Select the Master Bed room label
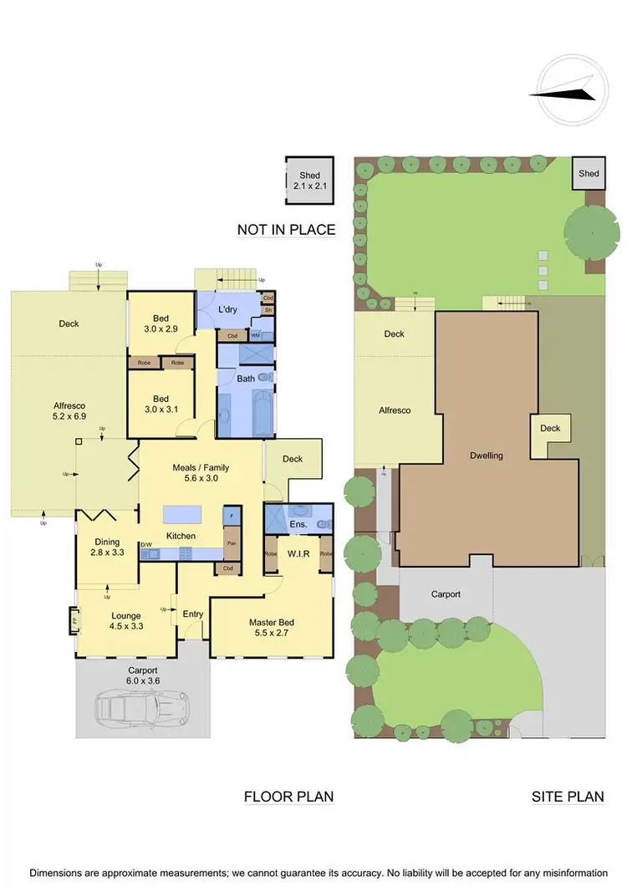tap(272, 628)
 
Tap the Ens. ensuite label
tap(298, 524)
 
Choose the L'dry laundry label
tap(229, 310)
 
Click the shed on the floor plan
tap(309, 181)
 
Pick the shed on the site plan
tap(589, 174)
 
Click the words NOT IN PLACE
tap(286, 230)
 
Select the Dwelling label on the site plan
tap(486, 456)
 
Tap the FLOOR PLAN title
tap(288, 797)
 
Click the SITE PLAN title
tap(568, 797)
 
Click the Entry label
tap(193, 614)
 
